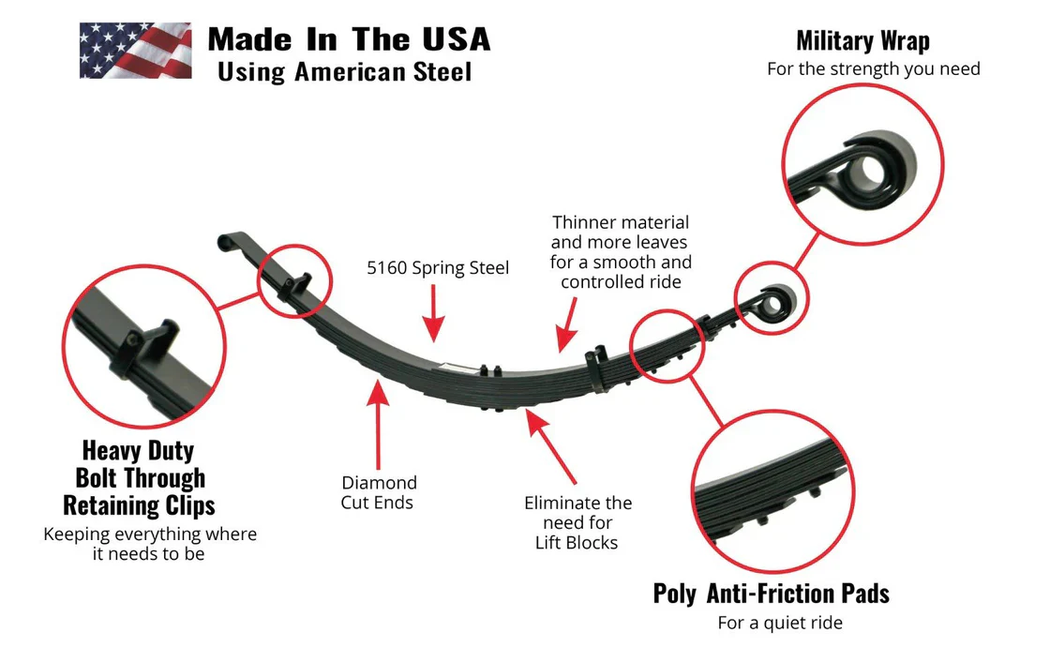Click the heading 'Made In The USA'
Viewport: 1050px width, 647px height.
click(349, 39)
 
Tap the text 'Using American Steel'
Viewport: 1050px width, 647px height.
click(344, 71)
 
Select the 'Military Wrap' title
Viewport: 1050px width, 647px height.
click(862, 40)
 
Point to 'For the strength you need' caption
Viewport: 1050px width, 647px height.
click(873, 68)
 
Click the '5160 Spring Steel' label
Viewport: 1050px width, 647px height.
click(438, 268)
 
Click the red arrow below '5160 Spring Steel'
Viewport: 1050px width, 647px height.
click(432, 314)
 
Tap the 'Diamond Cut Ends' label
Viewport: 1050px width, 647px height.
click(379, 492)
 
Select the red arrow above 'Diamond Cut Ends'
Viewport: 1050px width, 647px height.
click(378, 422)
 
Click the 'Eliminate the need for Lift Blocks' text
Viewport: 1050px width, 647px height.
click(577, 522)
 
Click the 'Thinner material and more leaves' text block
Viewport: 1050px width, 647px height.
click(621, 252)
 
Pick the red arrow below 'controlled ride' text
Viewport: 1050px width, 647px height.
click(566, 328)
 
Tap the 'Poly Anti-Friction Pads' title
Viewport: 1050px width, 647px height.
click(771, 594)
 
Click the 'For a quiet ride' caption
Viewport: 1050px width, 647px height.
click(780, 623)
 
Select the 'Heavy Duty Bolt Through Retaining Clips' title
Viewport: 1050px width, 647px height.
click(139, 477)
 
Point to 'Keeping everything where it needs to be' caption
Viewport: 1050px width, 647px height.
click(150, 544)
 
